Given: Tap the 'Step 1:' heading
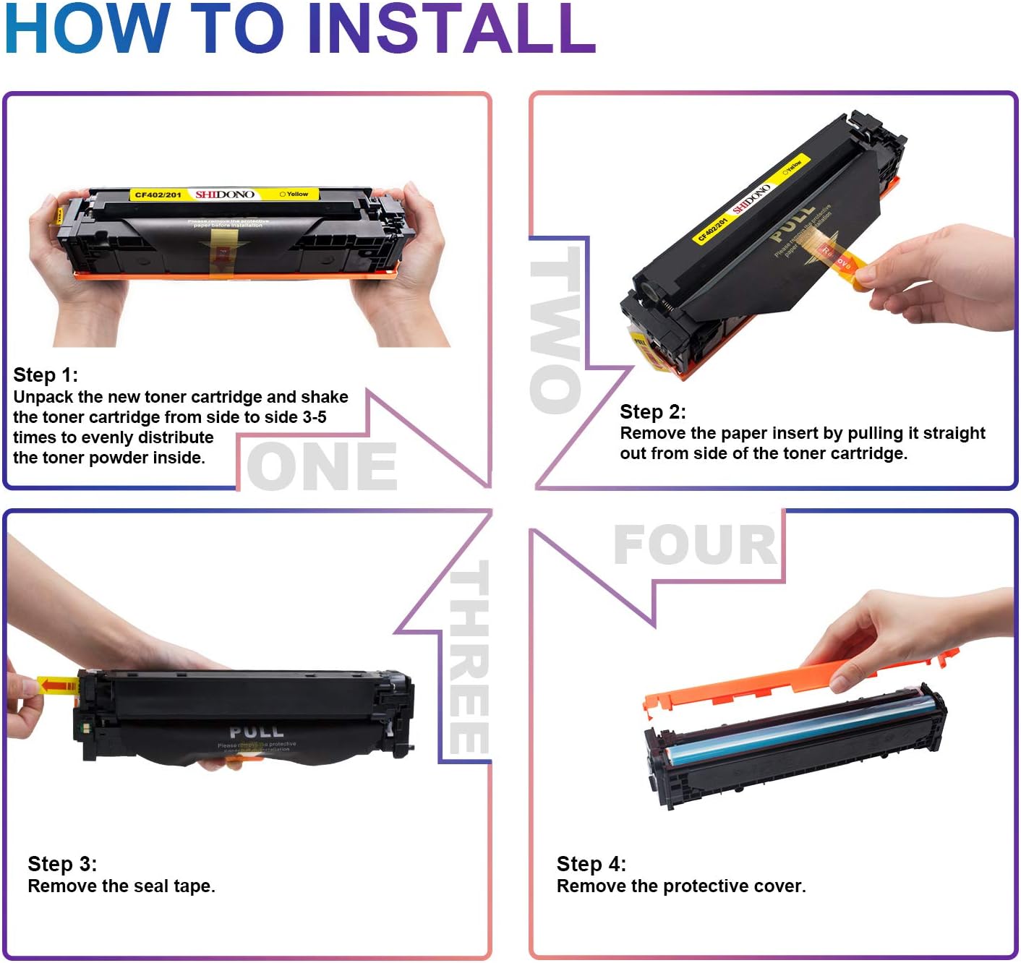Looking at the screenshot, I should (46, 375).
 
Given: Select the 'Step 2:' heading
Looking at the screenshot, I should (652, 412).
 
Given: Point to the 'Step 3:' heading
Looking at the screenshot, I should (62, 864).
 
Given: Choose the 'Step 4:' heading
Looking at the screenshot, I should (591, 864).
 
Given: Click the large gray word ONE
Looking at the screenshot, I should (322, 467).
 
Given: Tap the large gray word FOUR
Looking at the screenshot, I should (695, 545).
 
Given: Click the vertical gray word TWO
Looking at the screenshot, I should (555, 330).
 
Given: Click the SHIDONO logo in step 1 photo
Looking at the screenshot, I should (225, 194).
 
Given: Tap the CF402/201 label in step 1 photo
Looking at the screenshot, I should (158, 195).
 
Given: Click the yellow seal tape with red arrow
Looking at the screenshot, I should (57, 685).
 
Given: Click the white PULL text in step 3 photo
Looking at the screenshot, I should (257, 732).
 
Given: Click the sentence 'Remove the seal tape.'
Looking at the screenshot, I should (121, 886).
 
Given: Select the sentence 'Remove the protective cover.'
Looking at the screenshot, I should (680, 886).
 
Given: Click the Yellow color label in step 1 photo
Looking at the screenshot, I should (295, 194).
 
